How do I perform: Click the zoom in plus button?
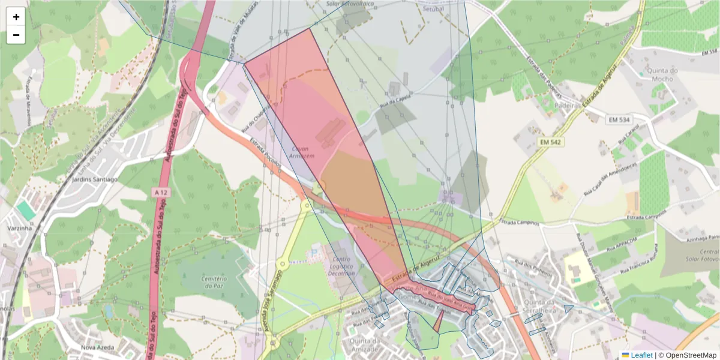(x=16, y=16)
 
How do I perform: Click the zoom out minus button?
(x=16, y=35)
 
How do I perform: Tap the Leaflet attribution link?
(x=641, y=355)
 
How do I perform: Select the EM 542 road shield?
(x=550, y=142)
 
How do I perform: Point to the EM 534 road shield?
(x=619, y=120)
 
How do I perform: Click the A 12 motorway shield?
(x=160, y=193)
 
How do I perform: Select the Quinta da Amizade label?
(x=364, y=346)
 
